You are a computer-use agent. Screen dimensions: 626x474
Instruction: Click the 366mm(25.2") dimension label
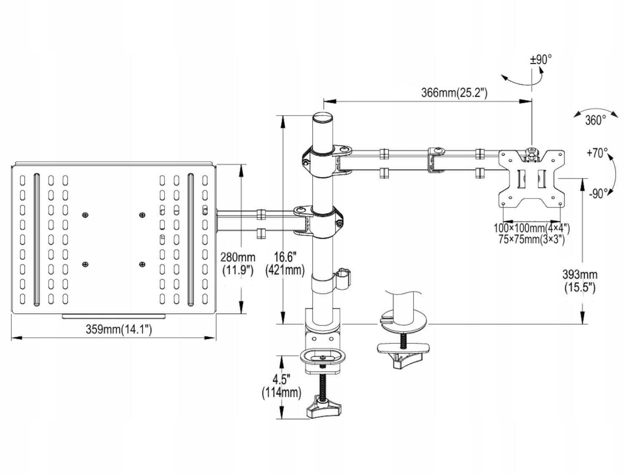(x=454, y=93)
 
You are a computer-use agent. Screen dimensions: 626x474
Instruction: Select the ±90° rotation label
(x=541, y=60)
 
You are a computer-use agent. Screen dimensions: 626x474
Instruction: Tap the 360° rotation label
(x=596, y=120)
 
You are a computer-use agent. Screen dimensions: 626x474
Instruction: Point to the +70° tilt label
(x=597, y=153)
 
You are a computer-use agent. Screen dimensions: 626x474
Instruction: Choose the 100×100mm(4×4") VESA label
(x=532, y=228)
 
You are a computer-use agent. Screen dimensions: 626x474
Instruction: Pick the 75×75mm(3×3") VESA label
(x=532, y=240)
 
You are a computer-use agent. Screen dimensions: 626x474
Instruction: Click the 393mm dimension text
(x=580, y=275)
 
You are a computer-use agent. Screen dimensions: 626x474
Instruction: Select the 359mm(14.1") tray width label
(x=119, y=330)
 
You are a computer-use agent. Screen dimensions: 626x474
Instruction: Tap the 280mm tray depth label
(x=237, y=257)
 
